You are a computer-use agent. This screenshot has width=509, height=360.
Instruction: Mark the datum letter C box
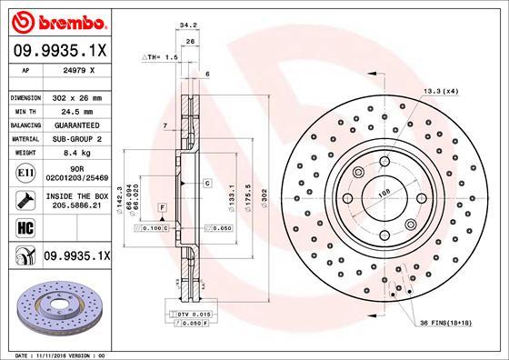pos(207,184)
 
